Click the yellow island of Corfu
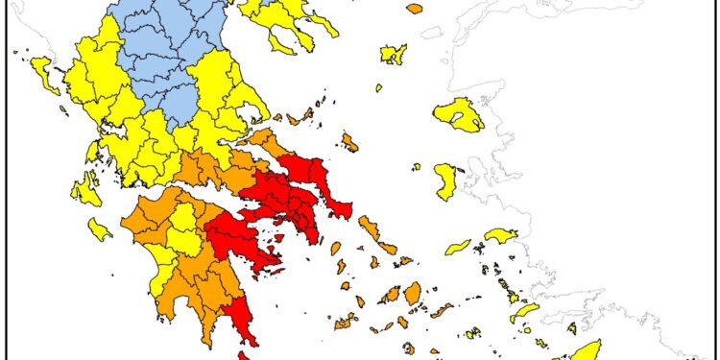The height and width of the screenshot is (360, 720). pyautogui.click(x=43, y=68)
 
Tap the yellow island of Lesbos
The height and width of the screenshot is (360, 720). pyautogui.click(x=459, y=116)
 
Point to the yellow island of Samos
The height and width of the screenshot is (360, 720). pyautogui.click(x=501, y=235)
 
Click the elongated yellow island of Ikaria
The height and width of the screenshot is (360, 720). pyautogui.click(x=459, y=247)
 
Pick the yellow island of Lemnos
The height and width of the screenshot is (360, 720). pyautogui.click(x=393, y=54)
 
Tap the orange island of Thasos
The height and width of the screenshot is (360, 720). pyautogui.click(x=414, y=9)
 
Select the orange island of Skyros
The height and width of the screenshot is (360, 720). pyautogui.click(x=349, y=143)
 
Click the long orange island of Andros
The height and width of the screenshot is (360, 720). pyautogui.click(x=370, y=228)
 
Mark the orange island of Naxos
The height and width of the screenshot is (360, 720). pyautogui.click(x=413, y=292)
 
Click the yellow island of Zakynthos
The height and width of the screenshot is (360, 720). pyautogui.click(x=99, y=229)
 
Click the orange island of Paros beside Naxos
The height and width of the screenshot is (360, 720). pyautogui.click(x=390, y=295)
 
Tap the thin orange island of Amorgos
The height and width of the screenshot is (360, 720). pyautogui.click(x=442, y=310)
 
